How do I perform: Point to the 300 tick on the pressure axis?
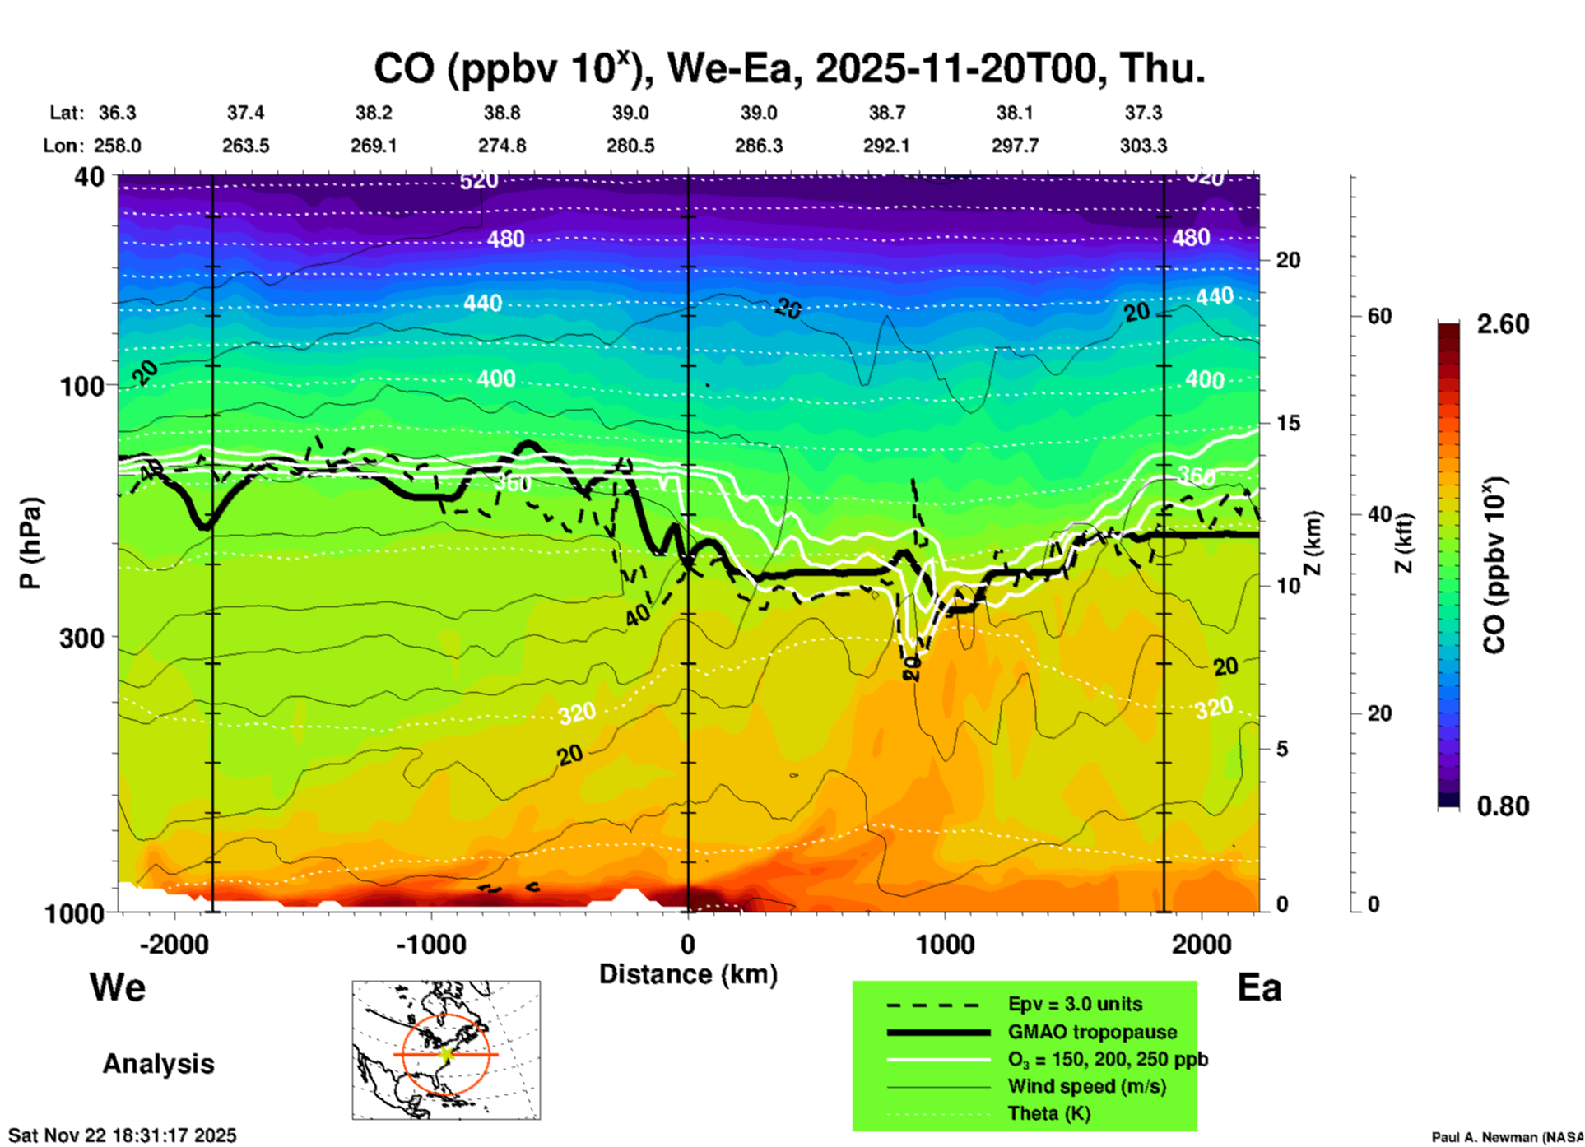point(82,637)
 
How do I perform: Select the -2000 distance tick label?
point(174,944)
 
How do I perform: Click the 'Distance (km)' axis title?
point(688,974)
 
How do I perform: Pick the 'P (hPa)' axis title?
point(30,543)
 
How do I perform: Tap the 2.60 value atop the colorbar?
point(1503,324)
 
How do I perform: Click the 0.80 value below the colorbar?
point(1503,806)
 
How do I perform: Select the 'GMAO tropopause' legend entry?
point(1092,1032)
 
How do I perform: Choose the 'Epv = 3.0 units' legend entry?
point(1075,1004)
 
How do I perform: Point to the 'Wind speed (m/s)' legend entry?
point(1086,1086)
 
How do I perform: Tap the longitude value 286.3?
point(758,146)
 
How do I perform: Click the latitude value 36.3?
point(117,113)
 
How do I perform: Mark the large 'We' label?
point(118,987)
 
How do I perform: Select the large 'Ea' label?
point(1259,987)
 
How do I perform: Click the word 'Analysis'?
point(158,1064)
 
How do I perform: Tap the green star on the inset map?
point(447,1054)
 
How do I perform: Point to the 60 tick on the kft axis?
point(1379,316)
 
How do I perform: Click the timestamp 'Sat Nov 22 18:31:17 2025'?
point(122,1135)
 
